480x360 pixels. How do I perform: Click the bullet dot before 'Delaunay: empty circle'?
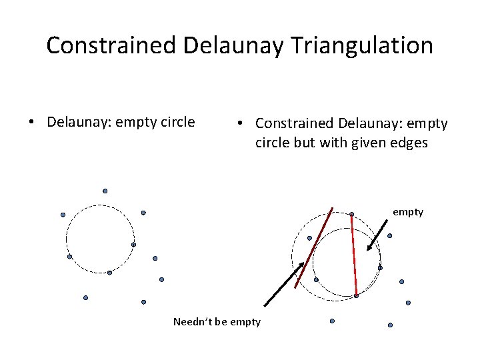[31, 123]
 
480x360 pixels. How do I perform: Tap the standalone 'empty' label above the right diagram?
[407, 212]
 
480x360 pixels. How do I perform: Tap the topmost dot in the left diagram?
[105, 191]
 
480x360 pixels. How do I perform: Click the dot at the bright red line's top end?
[351, 214]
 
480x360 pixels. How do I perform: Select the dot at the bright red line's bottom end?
[356, 296]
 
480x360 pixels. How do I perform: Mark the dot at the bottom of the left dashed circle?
[109, 273]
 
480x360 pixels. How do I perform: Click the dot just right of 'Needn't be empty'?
[332, 321]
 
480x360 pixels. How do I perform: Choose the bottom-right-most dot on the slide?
[390, 325]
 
